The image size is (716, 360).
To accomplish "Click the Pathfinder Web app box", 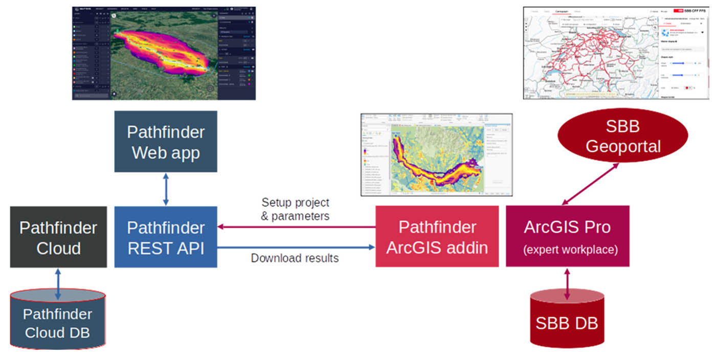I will coord(166,142).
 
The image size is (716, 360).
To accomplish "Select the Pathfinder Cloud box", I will coord(58,237).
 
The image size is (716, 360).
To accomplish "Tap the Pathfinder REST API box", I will coord(166,237).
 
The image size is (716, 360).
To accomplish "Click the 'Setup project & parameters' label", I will coord(295,209).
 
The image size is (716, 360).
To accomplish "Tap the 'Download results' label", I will coord(295,258).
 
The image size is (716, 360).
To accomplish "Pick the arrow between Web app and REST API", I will coord(165,189).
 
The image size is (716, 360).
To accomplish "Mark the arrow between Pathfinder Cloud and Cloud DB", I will coord(58,284).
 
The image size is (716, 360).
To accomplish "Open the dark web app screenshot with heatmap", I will coord(164,53).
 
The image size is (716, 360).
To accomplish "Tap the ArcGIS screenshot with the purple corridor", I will coord(436,154).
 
